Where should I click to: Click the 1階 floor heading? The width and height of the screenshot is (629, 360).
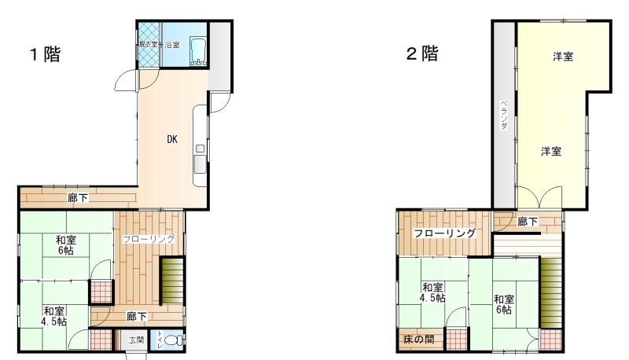(46, 54)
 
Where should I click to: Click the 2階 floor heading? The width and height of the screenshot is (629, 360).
(422, 53)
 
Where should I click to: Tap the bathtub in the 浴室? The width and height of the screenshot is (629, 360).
(198, 51)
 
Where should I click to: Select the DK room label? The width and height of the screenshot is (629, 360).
(172, 139)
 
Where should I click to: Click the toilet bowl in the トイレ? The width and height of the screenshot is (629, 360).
(172, 340)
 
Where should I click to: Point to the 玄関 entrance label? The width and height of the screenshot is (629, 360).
(136, 340)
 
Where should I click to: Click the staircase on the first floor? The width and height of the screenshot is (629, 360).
(172, 281)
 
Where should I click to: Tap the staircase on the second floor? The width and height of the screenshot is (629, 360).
(550, 292)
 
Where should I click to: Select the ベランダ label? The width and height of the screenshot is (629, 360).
(504, 115)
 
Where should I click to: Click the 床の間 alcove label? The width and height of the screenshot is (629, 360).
(419, 340)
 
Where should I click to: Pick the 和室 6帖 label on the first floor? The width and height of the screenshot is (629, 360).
(66, 245)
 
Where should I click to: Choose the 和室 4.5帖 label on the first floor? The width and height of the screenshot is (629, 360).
(53, 316)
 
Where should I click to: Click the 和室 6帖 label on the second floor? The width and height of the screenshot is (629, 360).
(504, 305)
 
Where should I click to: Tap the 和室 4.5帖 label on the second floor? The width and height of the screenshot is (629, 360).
(432, 292)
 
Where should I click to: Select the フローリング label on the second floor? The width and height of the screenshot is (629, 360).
(444, 233)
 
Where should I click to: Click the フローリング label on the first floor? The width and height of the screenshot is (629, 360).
(149, 239)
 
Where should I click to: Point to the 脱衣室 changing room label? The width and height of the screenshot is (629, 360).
(148, 45)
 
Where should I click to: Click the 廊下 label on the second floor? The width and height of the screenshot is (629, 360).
(528, 222)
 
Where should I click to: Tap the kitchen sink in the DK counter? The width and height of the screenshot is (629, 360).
(200, 164)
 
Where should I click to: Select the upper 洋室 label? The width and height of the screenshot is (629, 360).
(563, 57)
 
